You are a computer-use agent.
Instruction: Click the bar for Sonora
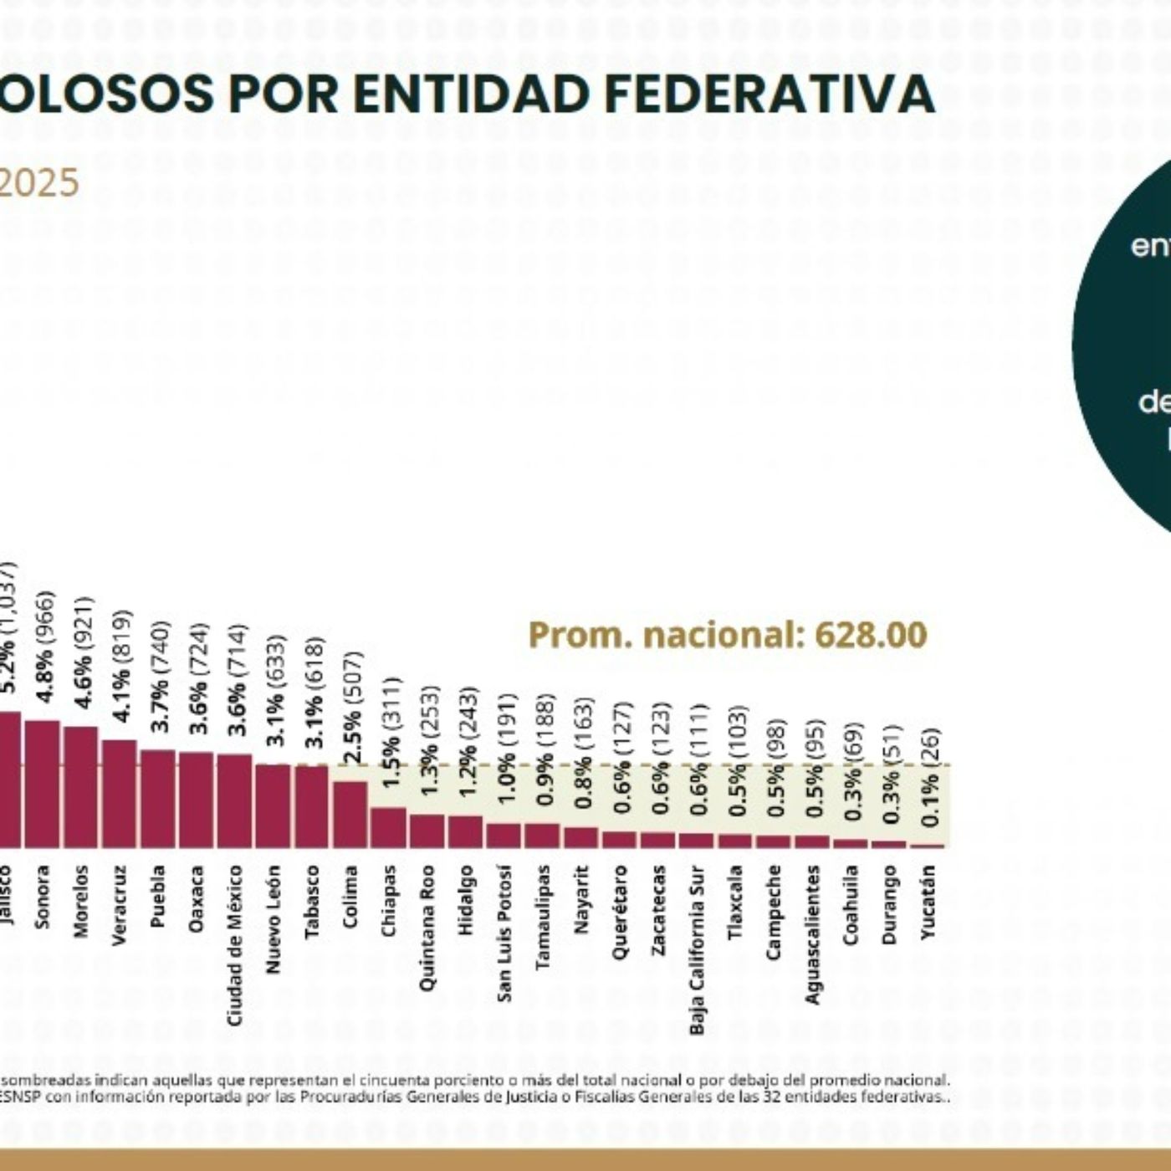coord(42,784)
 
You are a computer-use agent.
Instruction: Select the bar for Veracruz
coord(119,794)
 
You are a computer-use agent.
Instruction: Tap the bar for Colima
coord(350,815)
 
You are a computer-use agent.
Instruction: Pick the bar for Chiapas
coord(388,827)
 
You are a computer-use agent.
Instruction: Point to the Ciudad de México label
coord(235,945)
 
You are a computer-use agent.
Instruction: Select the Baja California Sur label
coord(697,949)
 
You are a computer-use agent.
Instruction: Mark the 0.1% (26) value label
coord(930,777)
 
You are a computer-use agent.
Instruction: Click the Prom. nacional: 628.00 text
coord(728,635)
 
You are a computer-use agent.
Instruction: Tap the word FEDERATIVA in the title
coord(769,94)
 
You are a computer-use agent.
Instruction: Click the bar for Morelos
coord(80,786)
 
